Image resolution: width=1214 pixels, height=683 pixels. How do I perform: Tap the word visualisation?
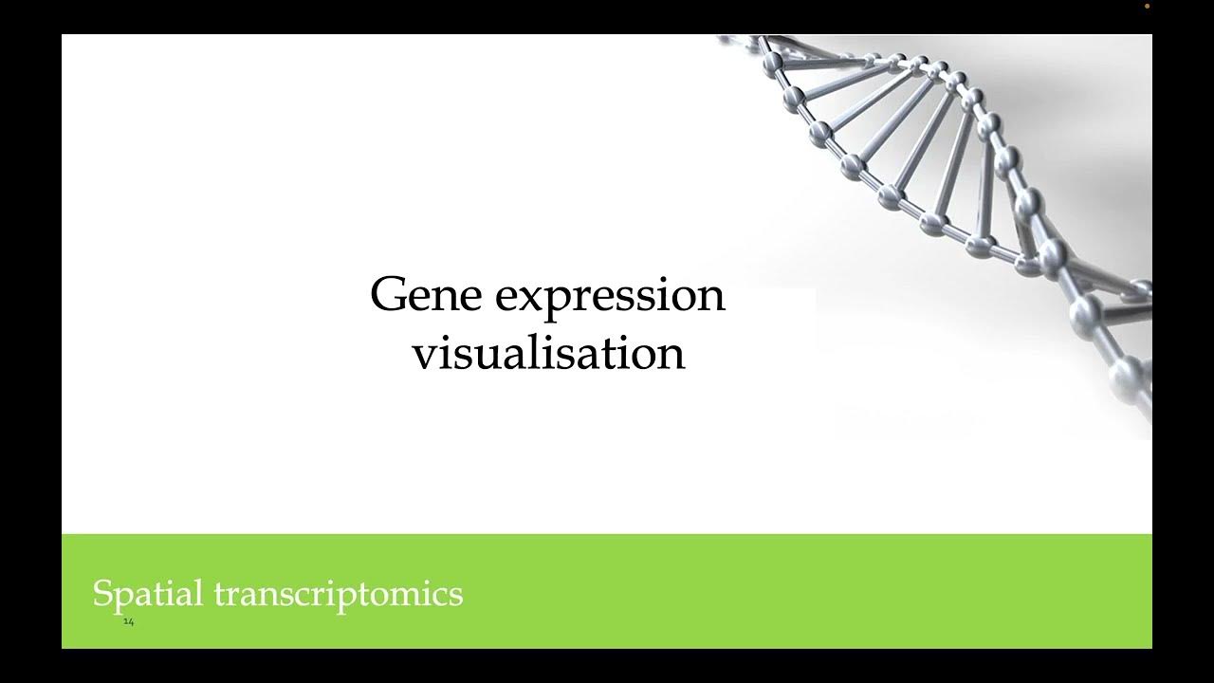[x=548, y=354]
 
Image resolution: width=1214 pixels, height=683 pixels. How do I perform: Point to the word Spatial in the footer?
[x=147, y=594]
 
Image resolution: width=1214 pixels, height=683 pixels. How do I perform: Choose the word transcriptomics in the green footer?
[x=338, y=595]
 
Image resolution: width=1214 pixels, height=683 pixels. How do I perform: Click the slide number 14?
[x=129, y=622]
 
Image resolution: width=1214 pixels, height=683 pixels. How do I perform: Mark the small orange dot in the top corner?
[x=1147, y=6]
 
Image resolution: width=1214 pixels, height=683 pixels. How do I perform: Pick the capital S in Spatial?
[x=101, y=594]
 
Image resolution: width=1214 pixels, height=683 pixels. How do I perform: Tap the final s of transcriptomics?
[x=457, y=597]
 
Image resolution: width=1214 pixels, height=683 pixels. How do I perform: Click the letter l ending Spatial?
[x=199, y=593]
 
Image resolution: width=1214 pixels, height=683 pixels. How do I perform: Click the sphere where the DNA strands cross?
[x=1051, y=254]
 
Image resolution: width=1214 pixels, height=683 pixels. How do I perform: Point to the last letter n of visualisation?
[x=671, y=356]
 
